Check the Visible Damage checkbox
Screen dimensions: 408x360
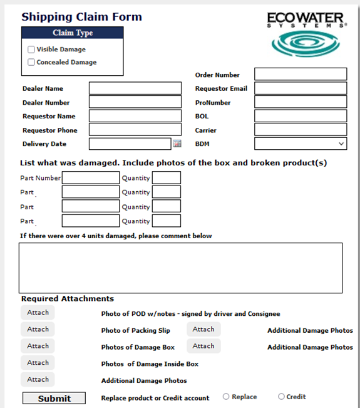(31, 50)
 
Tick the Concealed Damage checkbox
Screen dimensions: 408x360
(31, 62)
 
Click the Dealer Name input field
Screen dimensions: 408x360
(130, 88)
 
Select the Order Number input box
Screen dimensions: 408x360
(301, 75)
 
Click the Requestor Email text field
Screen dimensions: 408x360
(301, 88)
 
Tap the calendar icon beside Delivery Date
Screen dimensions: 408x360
(177, 144)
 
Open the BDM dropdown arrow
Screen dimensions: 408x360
(341, 144)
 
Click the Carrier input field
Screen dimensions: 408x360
(301, 130)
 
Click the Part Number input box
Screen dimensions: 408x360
(91, 178)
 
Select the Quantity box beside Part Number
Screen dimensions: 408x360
(167, 178)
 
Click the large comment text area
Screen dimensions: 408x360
(180, 268)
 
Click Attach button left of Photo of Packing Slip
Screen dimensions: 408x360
(38, 329)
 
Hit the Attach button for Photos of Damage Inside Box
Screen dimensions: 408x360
(38, 363)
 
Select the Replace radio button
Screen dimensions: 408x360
(226, 397)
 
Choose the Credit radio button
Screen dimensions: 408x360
(281, 397)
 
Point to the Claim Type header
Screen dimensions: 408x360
(73, 33)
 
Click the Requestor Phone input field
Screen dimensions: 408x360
(130, 130)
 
